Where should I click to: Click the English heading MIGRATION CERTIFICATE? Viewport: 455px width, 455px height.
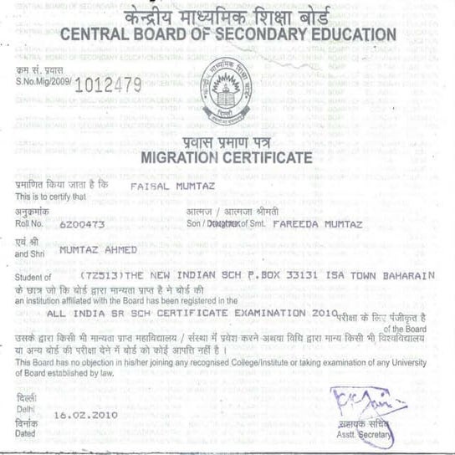pyautogui.click(x=227, y=157)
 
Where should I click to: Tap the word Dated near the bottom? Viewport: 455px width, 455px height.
pyautogui.click(x=26, y=433)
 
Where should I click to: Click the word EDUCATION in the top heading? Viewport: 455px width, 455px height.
pyautogui.click(x=351, y=34)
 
